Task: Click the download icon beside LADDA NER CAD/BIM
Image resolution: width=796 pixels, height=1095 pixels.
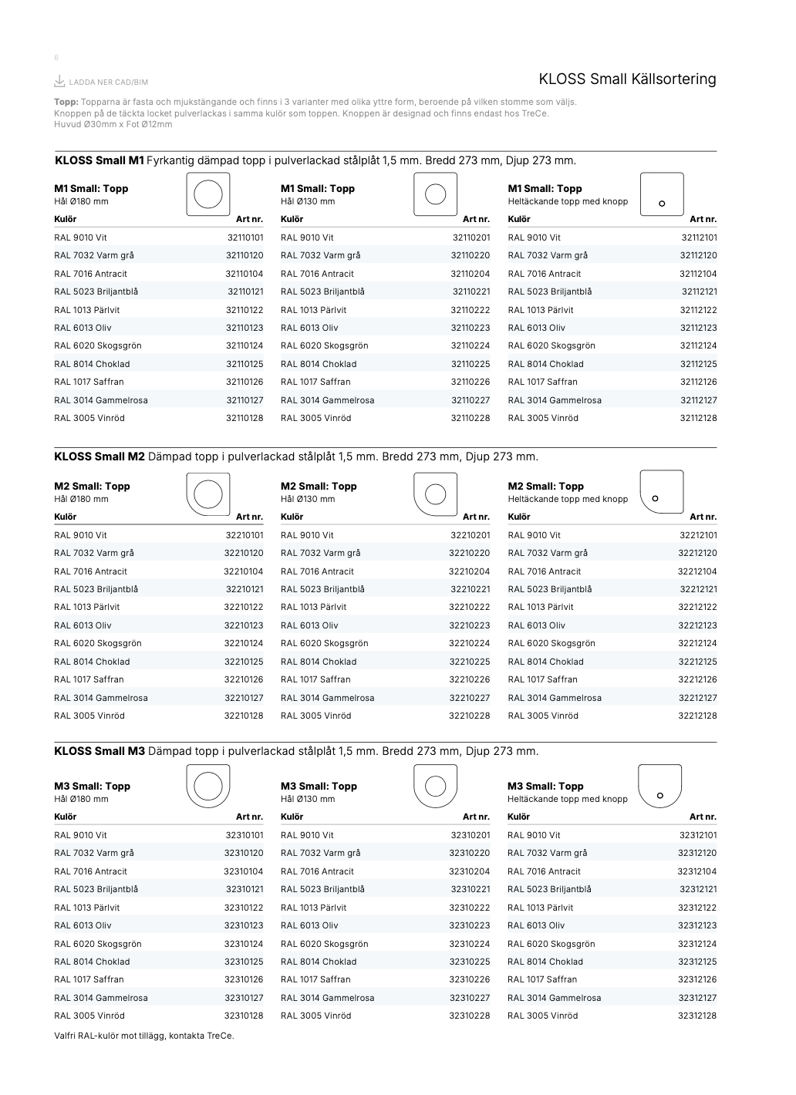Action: [x=59, y=81]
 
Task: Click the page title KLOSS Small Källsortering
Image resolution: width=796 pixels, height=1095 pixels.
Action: [x=627, y=79]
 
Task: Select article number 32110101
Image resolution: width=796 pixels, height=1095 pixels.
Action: [x=245, y=238]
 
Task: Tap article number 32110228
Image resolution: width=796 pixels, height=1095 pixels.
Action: [x=471, y=418]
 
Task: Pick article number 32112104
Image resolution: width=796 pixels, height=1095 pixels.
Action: [x=698, y=274]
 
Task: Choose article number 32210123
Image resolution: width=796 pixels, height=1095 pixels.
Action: [x=244, y=625]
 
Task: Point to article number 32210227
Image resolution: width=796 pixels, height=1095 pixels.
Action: [x=470, y=698]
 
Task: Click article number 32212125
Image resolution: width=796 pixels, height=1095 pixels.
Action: [x=697, y=662]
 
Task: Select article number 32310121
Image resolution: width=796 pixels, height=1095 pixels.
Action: [x=245, y=889]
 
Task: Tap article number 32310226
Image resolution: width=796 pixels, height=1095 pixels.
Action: [x=470, y=979]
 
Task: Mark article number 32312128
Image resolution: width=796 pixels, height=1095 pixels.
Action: [x=697, y=1016]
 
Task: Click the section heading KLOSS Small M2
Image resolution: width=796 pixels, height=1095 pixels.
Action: [x=99, y=457]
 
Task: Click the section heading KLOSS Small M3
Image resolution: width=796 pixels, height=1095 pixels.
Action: [x=99, y=751]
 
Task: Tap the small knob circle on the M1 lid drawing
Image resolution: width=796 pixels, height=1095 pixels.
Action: [x=662, y=204]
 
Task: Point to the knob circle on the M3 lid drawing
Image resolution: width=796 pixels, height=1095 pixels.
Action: [x=660, y=795]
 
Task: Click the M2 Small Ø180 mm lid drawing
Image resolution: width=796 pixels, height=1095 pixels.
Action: [x=208, y=494]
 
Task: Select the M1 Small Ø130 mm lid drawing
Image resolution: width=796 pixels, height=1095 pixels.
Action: [x=436, y=194]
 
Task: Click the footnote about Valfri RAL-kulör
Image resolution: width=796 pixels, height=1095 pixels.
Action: [x=144, y=1036]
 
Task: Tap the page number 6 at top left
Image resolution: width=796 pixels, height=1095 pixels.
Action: [x=56, y=58]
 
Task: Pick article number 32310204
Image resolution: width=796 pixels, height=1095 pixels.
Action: [x=470, y=871]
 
